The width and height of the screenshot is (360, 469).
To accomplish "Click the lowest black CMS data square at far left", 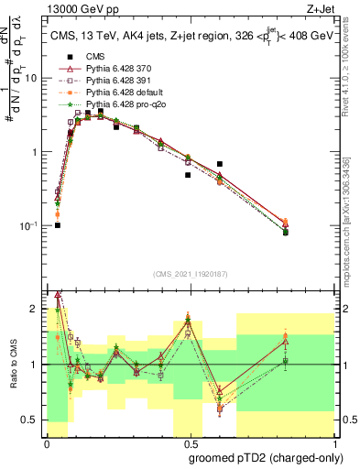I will [57, 224].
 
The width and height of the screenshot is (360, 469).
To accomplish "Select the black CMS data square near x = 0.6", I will [220, 164].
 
